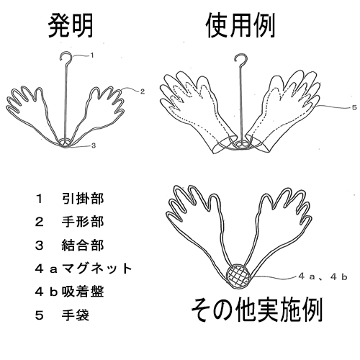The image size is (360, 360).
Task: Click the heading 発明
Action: (x=71, y=26)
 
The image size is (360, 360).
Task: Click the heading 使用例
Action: (x=240, y=26)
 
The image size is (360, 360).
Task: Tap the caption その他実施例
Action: (x=256, y=310)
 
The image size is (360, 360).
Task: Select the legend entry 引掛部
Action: (x=83, y=199)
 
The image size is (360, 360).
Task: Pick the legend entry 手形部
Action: (x=83, y=222)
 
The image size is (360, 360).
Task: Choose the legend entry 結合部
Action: (x=83, y=246)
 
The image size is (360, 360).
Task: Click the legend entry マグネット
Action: (x=96, y=269)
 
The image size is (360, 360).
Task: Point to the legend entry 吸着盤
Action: (x=83, y=292)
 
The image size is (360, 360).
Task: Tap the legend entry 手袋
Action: (x=76, y=315)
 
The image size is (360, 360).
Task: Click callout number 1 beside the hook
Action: (x=92, y=55)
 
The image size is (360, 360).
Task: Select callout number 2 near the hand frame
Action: (x=143, y=91)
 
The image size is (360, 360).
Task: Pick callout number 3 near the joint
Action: (x=94, y=145)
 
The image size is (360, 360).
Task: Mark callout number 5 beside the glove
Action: (x=354, y=107)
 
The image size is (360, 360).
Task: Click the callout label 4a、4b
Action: (x=323, y=277)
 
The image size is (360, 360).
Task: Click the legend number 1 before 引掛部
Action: (x=39, y=199)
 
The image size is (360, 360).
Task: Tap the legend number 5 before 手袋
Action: (x=39, y=315)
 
